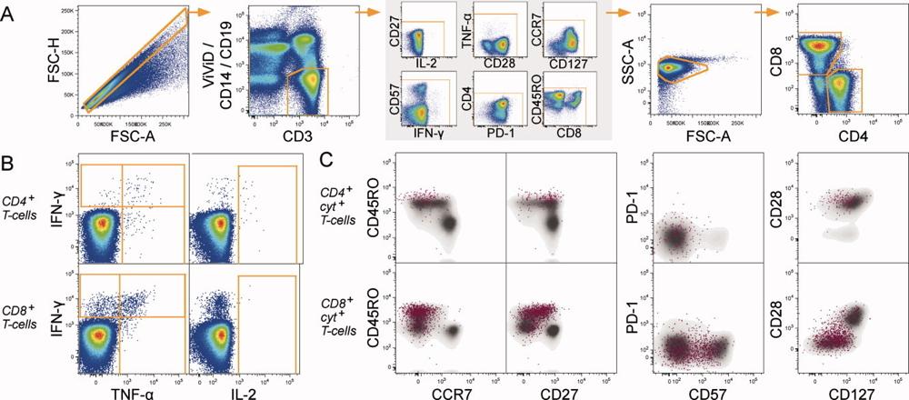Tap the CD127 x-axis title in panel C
click(848, 390)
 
